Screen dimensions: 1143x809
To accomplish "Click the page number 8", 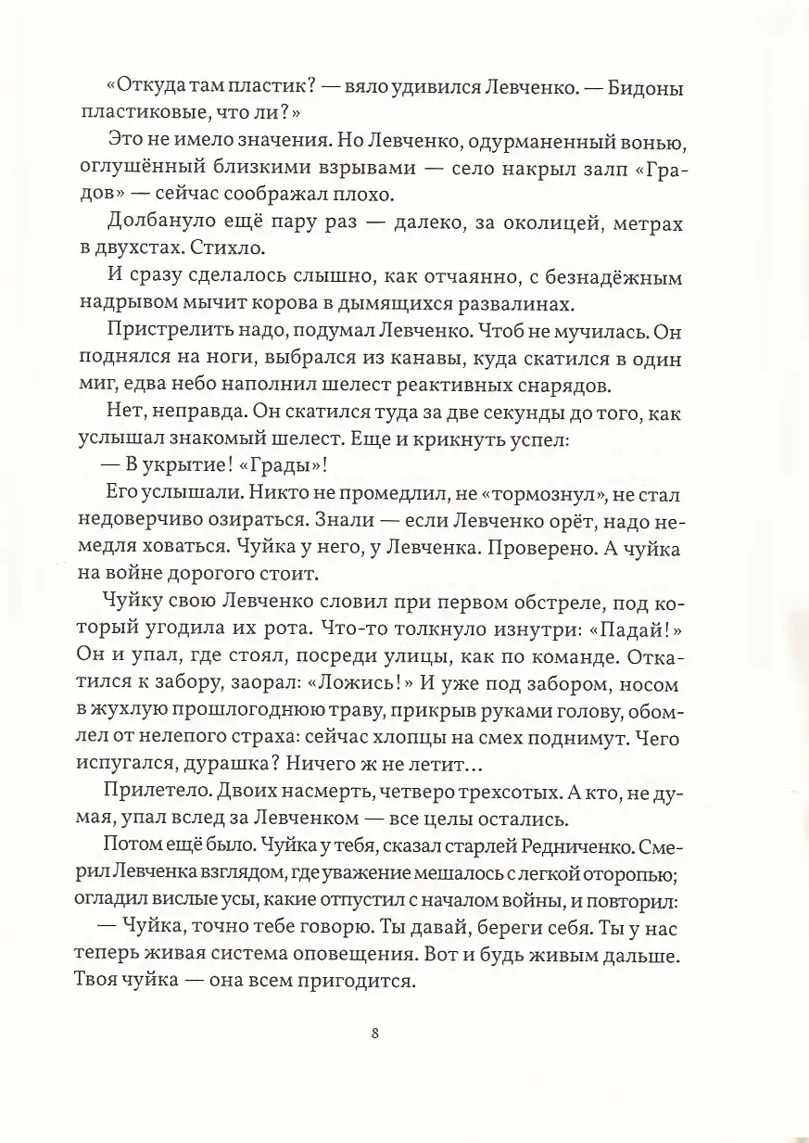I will (374, 1035).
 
